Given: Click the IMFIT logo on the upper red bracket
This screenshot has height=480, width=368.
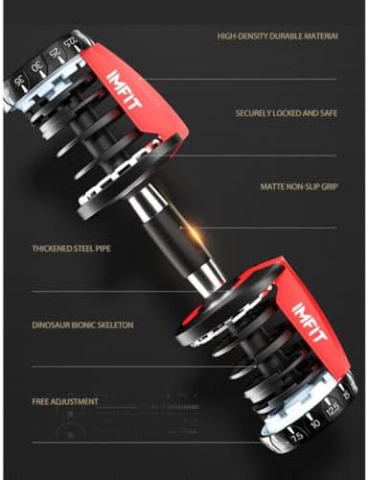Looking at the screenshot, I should [x=121, y=91].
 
